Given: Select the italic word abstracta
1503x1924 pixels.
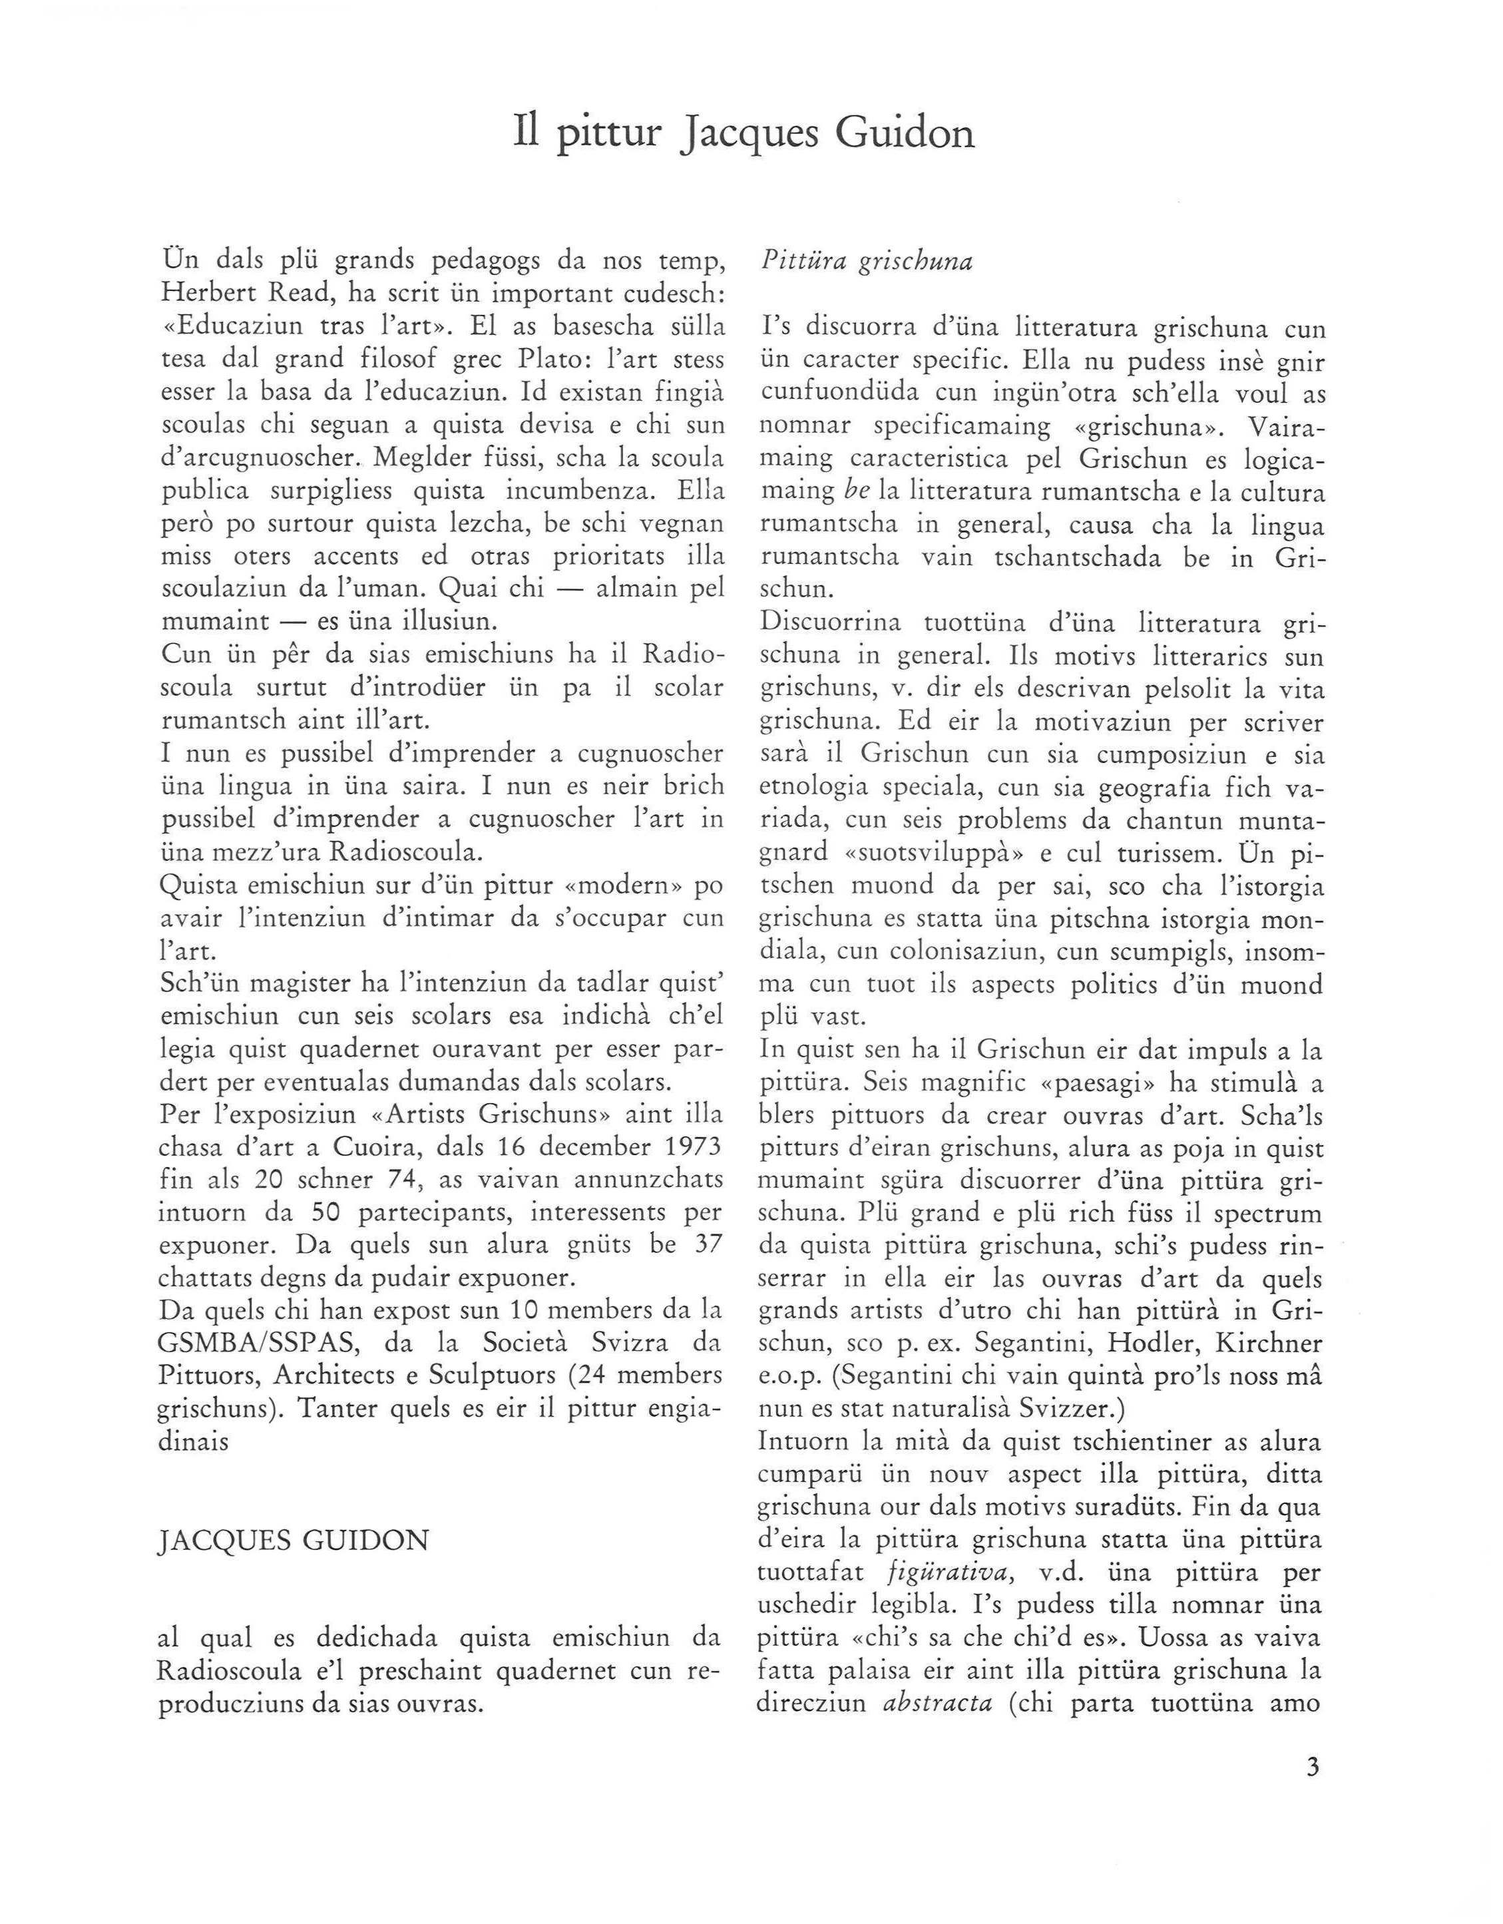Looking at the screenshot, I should tap(937, 1703).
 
